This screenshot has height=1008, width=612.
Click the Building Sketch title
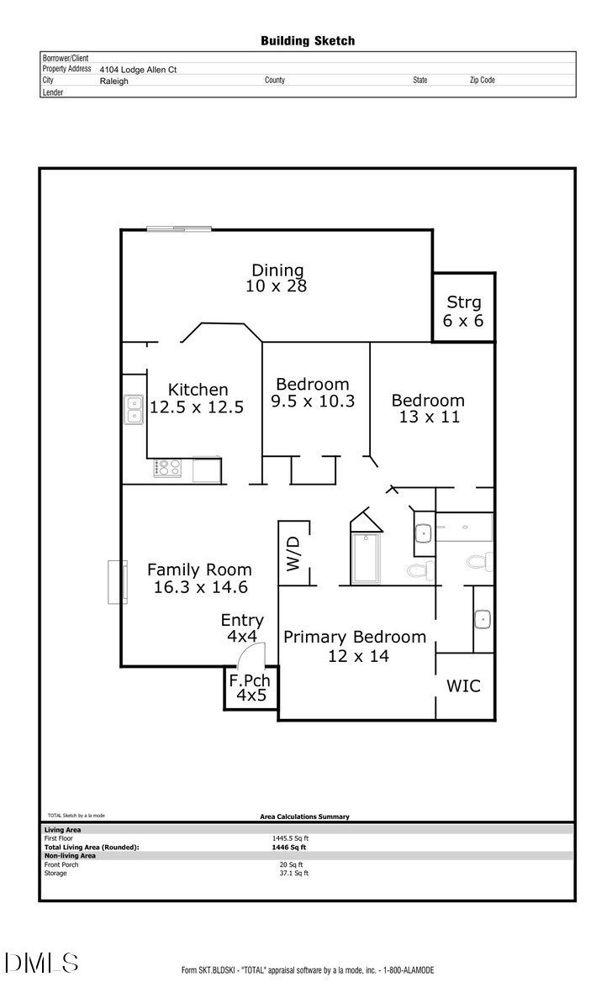[307, 40]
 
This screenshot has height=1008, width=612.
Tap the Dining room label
[277, 270]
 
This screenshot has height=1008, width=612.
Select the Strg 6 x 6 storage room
[463, 310]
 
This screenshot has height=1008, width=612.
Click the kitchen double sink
[134, 410]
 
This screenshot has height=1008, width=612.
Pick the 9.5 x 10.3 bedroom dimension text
[313, 402]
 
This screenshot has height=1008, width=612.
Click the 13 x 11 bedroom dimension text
[429, 417]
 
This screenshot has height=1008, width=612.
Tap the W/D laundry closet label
[293, 554]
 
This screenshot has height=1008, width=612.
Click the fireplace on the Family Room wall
[117, 581]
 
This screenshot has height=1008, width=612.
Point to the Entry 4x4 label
[242, 628]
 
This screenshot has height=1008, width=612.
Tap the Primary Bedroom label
[354, 637]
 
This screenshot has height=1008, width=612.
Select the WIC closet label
[463, 685]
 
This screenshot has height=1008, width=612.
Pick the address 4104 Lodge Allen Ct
[138, 70]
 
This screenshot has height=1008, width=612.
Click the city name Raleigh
[113, 81]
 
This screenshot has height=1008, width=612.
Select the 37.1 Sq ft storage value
[293, 873]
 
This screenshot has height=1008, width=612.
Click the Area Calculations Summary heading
[304, 816]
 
